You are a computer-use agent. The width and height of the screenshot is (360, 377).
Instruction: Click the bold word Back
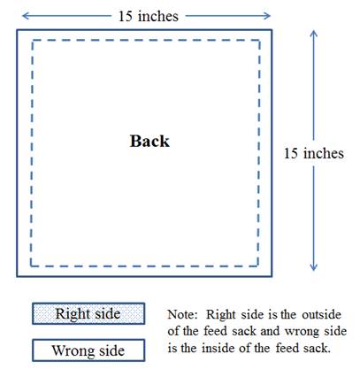[x=149, y=141]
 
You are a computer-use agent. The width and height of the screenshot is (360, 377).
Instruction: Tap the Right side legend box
[x=88, y=313]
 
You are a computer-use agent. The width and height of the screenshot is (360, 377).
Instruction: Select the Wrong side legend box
[x=88, y=350]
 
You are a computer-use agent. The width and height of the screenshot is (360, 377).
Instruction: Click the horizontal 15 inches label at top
[x=149, y=16]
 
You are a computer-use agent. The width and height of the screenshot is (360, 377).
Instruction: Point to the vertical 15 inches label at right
[x=314, y=153]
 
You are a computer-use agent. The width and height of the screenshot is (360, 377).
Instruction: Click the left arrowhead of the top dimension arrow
[x=24, y=16]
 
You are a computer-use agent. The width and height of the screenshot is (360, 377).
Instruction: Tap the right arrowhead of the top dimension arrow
[x=269, y=16]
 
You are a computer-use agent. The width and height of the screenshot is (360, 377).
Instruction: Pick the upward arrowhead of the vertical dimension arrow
[x=314, y=32]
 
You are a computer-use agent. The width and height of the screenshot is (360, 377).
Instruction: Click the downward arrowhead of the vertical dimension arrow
[x=314, y=268]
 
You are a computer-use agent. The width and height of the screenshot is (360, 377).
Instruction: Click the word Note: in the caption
[x=182, y=314]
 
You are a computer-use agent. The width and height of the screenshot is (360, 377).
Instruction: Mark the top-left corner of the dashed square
[x=32, y=41]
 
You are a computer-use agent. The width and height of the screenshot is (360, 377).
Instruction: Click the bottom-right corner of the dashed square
[x=258, y=266]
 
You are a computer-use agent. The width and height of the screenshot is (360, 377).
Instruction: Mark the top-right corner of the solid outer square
[x=272, y=30]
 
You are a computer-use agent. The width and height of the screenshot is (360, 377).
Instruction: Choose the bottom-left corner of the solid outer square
[x=17, y=276]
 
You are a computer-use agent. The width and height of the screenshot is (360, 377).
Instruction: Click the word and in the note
[x=270, y=331]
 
